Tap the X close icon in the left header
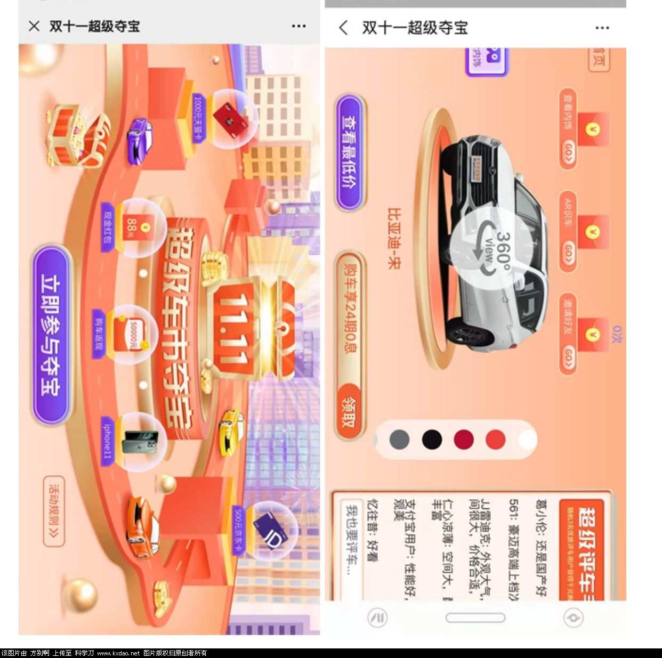[x=34, y=26]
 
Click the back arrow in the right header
[x=344, y=28]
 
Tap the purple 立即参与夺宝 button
[x=52, y=335]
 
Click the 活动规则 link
[x=54, y=511]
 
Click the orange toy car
[x=143, y=526]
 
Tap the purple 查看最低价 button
[x=351, y=152]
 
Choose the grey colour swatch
[x=400, y=440]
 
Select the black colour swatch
[x=432, y=440]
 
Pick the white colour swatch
[x=527, y=440]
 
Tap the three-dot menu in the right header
[x=602, y=28]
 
